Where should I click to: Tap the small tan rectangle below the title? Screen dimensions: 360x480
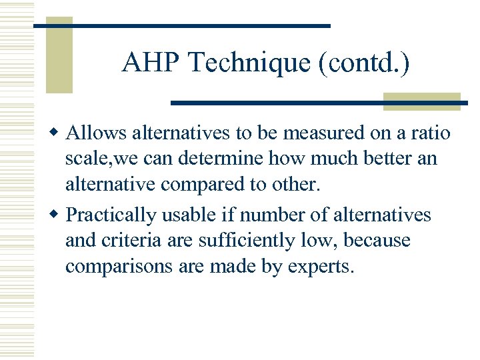point(421,101)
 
